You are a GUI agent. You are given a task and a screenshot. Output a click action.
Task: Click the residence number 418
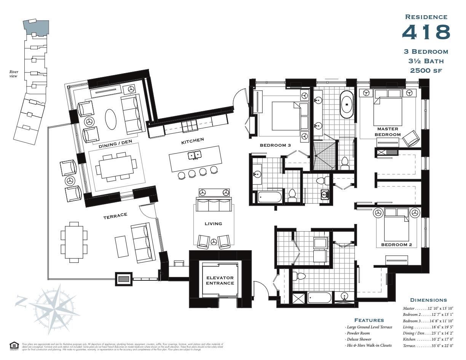pyautogui.click(x=426, y=32)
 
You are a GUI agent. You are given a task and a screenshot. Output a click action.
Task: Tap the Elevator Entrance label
pyautogui.click(x=220, y=280)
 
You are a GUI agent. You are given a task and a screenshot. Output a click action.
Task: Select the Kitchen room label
pyautogui.click(x=192, y=141)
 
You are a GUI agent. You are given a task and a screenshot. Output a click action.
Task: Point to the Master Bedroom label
pyautogui.click(x=388, y=132)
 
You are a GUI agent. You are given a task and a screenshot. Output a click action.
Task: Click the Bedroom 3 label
pyautogui.click(x=275, y=145)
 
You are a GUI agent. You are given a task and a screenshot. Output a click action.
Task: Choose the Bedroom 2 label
pyautogui.click(x=396, y=245)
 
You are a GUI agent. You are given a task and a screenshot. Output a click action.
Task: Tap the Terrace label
pyautogui.click(x=115, y=216)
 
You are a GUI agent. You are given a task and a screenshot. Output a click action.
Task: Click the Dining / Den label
pyautogui.click(x=112, y=145)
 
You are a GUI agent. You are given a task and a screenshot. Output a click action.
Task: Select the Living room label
pyautogui.click(x=213, y=224)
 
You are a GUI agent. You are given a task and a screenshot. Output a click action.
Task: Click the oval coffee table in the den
pyautogui.click(x=111, y=119)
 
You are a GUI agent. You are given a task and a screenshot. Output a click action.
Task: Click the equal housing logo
pyautogui.click(x=14, y=346)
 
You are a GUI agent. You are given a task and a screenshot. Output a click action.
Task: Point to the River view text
pyautogui.click(x=14, y=74)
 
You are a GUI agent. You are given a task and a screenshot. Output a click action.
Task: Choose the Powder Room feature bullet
pyautogui.click(x=359, y=333)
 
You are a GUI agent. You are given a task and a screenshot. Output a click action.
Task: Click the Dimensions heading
pyautogui.click(x=428, y=300)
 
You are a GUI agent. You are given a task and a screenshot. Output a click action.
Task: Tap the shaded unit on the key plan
pyautogui.click(x=37, y=27)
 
